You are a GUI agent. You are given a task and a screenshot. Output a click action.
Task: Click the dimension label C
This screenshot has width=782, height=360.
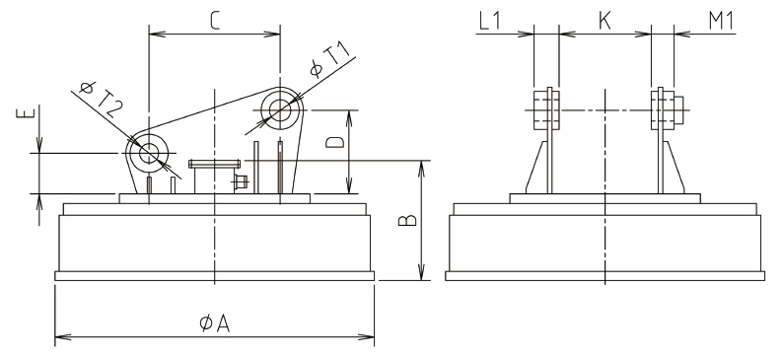pos(214,20)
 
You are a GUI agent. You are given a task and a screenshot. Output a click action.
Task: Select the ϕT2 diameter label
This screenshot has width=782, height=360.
pos(102,98)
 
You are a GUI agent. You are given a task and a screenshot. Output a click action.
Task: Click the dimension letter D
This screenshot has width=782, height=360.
pos(334,142)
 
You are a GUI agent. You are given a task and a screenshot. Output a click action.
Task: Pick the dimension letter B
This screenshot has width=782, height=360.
pos(407,220)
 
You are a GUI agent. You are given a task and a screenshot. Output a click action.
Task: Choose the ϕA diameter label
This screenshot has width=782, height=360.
pos(215,324)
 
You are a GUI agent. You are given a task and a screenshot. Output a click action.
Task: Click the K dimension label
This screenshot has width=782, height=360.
pos(604,21)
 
